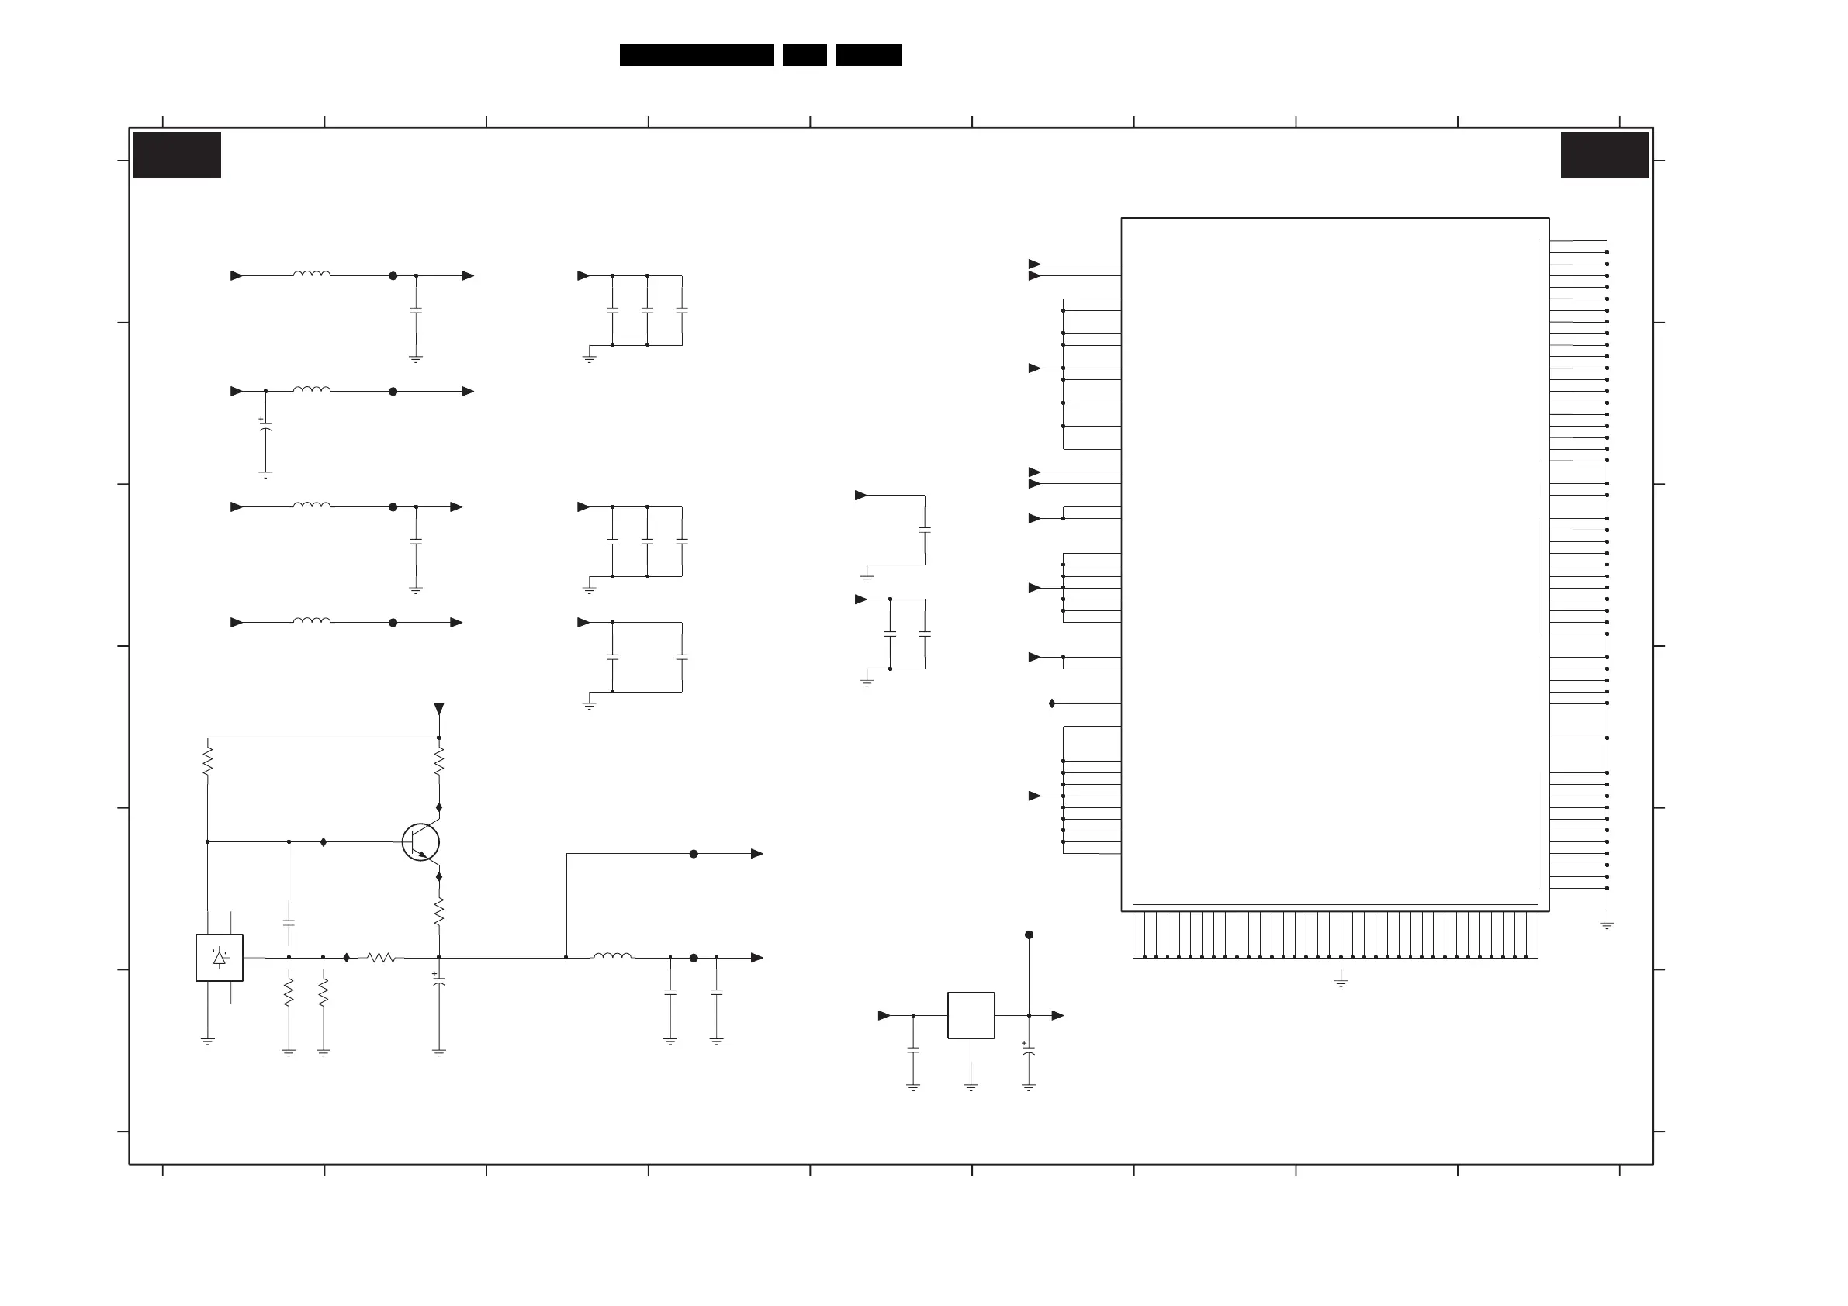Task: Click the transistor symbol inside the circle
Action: click(x=421, y=842)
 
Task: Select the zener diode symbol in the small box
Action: click(x=220, y=958)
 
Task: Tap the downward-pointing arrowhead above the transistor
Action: click(x=438, y=709)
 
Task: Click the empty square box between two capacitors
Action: click(x=971, y=1015)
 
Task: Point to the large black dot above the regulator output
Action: click(x=1029, y=935)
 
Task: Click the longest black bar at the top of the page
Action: click(x=696, y=55)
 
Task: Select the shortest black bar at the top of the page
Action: click(x=804, y=55)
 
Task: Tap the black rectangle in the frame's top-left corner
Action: click(x=177, y=154)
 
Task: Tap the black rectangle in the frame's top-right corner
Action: click(x=1604, y=154)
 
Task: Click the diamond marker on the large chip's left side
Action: click(x=1052, y=703)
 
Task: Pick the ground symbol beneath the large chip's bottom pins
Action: click(x=1341, y=983)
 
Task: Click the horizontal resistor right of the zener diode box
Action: click(x=381, y=958)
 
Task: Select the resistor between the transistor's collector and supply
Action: click(x=438, y=762)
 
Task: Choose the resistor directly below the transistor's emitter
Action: click(x=438, y=912)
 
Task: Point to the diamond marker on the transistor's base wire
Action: click(x=324, y=841)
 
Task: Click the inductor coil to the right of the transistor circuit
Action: click(x=613, y=956)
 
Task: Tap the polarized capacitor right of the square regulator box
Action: click(x=1029, y=1051)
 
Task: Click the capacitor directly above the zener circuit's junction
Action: click(x=289, y=923)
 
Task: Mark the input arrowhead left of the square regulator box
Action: click(x=884, y=1015)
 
